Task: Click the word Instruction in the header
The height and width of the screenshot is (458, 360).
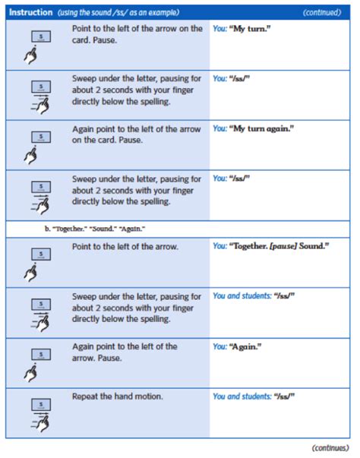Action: (30, 13)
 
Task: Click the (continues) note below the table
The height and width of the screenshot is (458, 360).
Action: (331, 447)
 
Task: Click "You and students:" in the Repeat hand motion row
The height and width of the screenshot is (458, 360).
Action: (238, 396)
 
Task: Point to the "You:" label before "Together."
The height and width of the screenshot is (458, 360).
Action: (220, 247)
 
